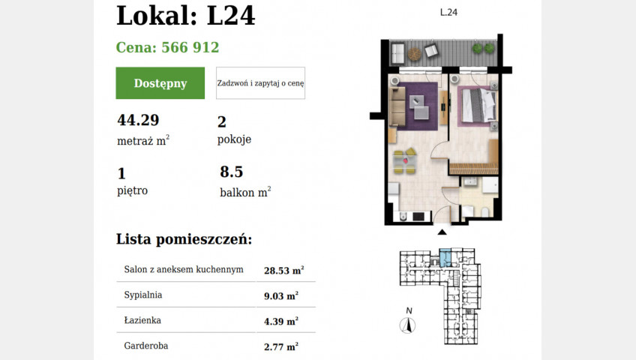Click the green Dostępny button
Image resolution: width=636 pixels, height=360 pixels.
(160, 83)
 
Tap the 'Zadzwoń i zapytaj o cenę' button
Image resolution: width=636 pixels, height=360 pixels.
(260, 83)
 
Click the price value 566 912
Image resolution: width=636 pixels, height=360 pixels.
(190, 47)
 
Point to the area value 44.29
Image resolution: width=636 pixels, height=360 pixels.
(138, 120)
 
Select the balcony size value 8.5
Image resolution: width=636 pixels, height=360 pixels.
(232, 172)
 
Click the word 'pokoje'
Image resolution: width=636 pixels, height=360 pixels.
(235, 139)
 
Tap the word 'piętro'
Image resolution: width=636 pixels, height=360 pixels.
(133, 190)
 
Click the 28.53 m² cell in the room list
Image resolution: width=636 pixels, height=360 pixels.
(284, 270)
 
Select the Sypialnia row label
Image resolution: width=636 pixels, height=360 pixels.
(143, 295)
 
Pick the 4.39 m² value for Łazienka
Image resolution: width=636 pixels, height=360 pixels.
(281, 321)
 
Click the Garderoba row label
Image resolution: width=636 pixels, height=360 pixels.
(146, 346)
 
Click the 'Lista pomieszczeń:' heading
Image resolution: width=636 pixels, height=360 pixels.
(184, 239)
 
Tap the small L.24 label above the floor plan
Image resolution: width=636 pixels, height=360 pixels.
(448, 12)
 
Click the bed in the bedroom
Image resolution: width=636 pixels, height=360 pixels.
(478, 105)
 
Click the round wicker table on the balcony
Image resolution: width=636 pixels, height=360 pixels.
(415, 54)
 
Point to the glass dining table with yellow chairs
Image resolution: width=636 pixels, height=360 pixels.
(405, 161)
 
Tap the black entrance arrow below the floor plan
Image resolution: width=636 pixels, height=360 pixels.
(442, 232)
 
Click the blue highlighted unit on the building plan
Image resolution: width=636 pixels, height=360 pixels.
(445, 257)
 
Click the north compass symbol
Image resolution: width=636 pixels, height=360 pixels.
(408, 325)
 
